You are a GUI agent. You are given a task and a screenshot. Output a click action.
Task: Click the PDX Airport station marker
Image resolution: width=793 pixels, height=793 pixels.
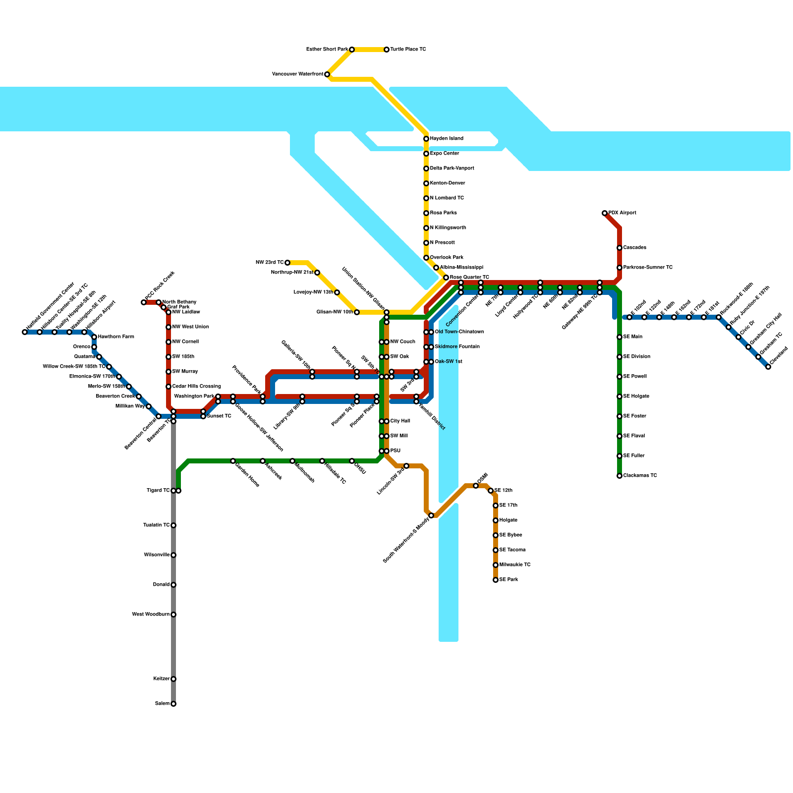click(x=605, y=213)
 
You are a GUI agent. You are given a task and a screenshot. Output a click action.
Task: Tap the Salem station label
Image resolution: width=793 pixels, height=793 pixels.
click(x=162, y=704)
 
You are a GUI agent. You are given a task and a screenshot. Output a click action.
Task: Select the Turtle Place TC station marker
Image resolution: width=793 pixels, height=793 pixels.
click(x=387, y=50)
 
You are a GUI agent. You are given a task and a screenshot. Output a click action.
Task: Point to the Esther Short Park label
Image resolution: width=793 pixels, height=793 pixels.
click(x=327, y=50)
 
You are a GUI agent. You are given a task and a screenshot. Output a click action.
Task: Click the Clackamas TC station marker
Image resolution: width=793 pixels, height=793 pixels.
click(x=620, y=476)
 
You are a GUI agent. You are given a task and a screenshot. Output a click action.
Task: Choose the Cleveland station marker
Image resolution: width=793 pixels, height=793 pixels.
click(x=768, y=367)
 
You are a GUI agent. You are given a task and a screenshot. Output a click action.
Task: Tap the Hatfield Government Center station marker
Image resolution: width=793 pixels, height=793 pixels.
click(x=25, y=332)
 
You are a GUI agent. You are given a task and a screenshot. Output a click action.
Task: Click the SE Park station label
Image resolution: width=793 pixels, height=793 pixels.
click(x=509, y=580)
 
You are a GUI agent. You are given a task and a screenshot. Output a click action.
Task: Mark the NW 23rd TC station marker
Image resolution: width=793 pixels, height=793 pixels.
click(x=287, y=263)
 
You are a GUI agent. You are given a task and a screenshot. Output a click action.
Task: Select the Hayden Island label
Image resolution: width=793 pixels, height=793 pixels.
click(x=447, y=139)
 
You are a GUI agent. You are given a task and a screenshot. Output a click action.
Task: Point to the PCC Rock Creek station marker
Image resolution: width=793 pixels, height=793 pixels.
click(x=144, y=302)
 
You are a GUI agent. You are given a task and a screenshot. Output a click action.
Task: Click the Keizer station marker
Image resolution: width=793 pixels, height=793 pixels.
click(x=173, y=679)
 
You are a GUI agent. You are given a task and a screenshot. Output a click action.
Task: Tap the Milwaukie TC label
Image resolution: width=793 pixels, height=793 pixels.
click(x=515, y=565)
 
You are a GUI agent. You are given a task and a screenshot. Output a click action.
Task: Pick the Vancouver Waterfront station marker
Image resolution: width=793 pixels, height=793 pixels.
click(x=327, y=74)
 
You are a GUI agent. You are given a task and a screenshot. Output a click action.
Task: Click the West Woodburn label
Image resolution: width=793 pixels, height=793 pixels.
click(x=151, y=615)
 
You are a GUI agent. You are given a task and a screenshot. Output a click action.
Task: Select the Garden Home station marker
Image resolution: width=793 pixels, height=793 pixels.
click(x=233, y=461)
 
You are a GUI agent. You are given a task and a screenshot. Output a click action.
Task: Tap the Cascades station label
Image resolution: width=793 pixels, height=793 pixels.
click(x=634, y=248)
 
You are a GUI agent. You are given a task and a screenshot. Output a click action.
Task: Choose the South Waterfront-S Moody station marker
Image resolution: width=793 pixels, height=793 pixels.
click(x=431, y=515)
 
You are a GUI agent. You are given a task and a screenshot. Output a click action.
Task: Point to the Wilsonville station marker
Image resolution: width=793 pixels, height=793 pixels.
click(x=173, y=555)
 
